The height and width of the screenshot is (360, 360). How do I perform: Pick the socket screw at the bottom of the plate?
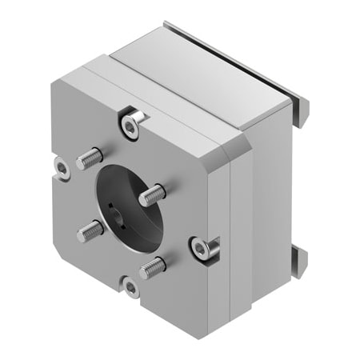tap(131, 287)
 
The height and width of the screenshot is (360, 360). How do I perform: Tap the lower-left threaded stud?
tap(90, 230)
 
